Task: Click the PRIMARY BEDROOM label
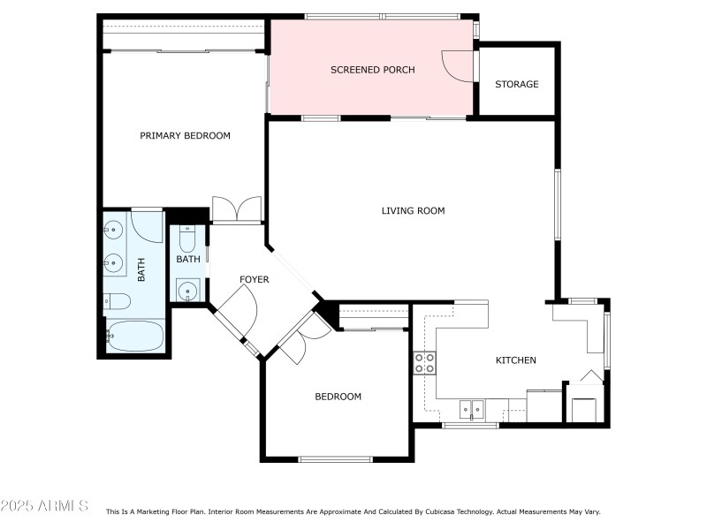(185, 136)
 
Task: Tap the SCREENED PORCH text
(372, 70)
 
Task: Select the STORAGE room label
(516, 85)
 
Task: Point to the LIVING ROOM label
(413, 211)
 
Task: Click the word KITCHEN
(515, 360)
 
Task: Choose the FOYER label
(255, 280)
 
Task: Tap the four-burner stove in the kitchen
(425, 363)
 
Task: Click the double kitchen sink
(472, 409)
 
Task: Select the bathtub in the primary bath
(134, 337)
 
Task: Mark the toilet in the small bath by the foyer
(187, 239)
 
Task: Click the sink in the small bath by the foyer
(187, 290)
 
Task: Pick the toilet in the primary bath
(118, 301)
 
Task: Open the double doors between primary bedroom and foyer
(237, 210)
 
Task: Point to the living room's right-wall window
(557, 204)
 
